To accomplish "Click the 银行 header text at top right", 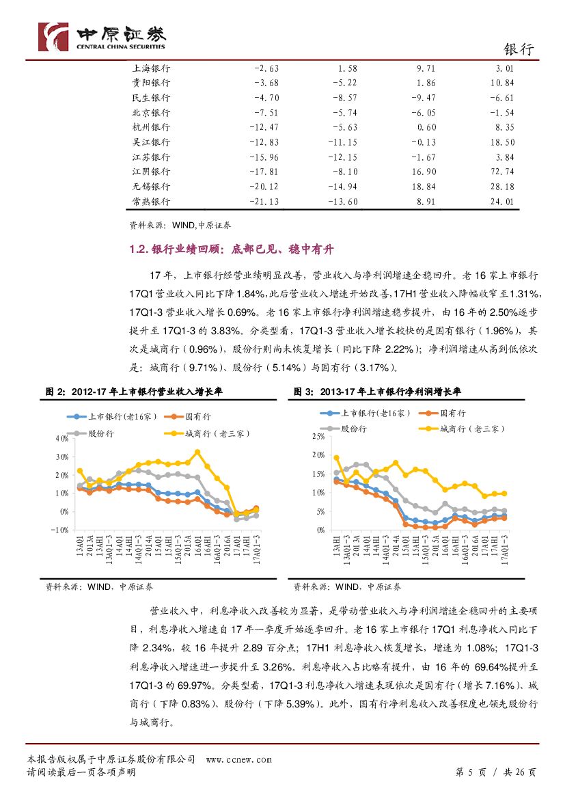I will point(518,49).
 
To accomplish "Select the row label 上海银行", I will point(151,68).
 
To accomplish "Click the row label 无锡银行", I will point(151,187).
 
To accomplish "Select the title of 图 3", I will point(377,392).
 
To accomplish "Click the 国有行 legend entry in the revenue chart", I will point(197,416).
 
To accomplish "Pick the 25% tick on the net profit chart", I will point(316,436).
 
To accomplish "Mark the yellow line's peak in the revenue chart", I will point(197,452).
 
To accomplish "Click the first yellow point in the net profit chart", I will point(336,458).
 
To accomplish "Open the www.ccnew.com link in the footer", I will point(238,759).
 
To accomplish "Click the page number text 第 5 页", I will point(470,772).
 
